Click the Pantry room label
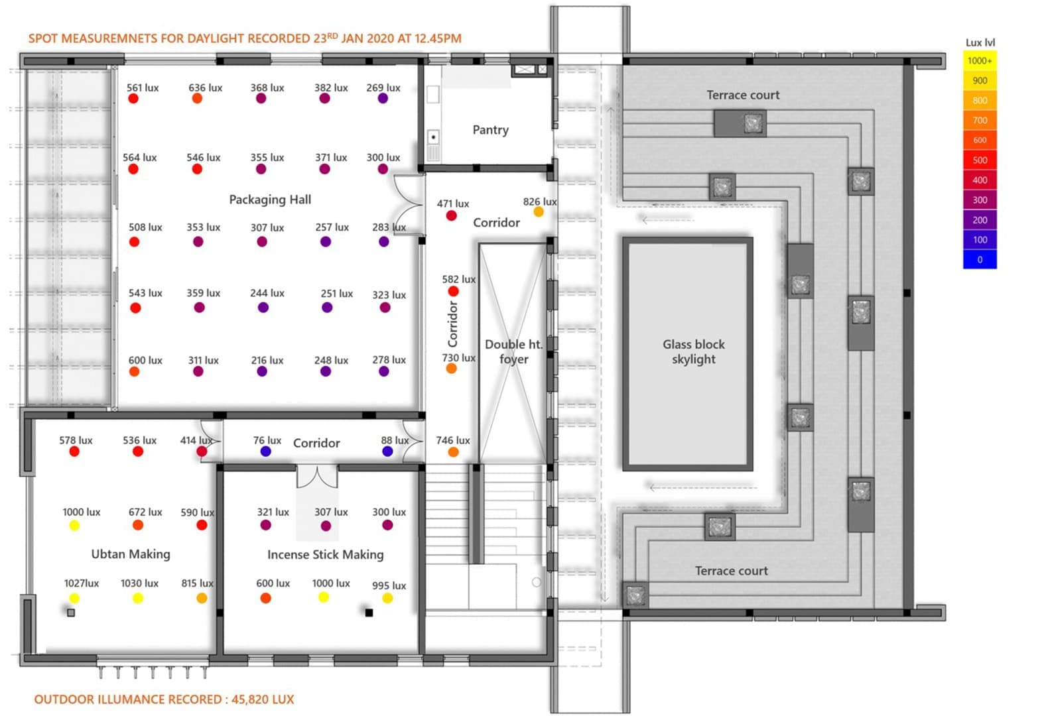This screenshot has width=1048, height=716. [x=490, y=130]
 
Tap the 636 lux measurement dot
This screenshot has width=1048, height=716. [x=197, y=99]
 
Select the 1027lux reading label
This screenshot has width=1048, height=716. [x=81, y=583]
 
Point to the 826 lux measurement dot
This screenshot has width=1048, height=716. [x=539, y=212]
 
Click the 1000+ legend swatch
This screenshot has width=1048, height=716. [x=980, y=61]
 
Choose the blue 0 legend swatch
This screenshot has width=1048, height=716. [x=980, y=260]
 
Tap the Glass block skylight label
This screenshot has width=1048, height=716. [x=693, y=351]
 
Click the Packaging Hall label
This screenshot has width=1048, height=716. [x=270, y=200]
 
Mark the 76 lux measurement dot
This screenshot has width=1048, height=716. [x=266, y=451]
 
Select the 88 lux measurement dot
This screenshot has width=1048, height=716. [x=387, y=451]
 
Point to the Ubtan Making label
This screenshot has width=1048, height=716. [x=131, y=554]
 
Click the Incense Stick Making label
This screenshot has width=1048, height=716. [x=325, y=555]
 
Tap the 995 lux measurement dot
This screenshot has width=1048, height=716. [x=387, y=598]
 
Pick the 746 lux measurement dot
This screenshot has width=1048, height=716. [x=453, y=452]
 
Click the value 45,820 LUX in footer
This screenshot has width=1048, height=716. [x=263, y=699]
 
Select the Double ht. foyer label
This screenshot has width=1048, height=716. [x=514, y=351]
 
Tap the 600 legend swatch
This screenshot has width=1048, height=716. [x=980, y=141]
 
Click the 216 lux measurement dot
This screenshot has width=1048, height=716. [x=262, y=372]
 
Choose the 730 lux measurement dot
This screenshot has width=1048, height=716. [x=451, y=369]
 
